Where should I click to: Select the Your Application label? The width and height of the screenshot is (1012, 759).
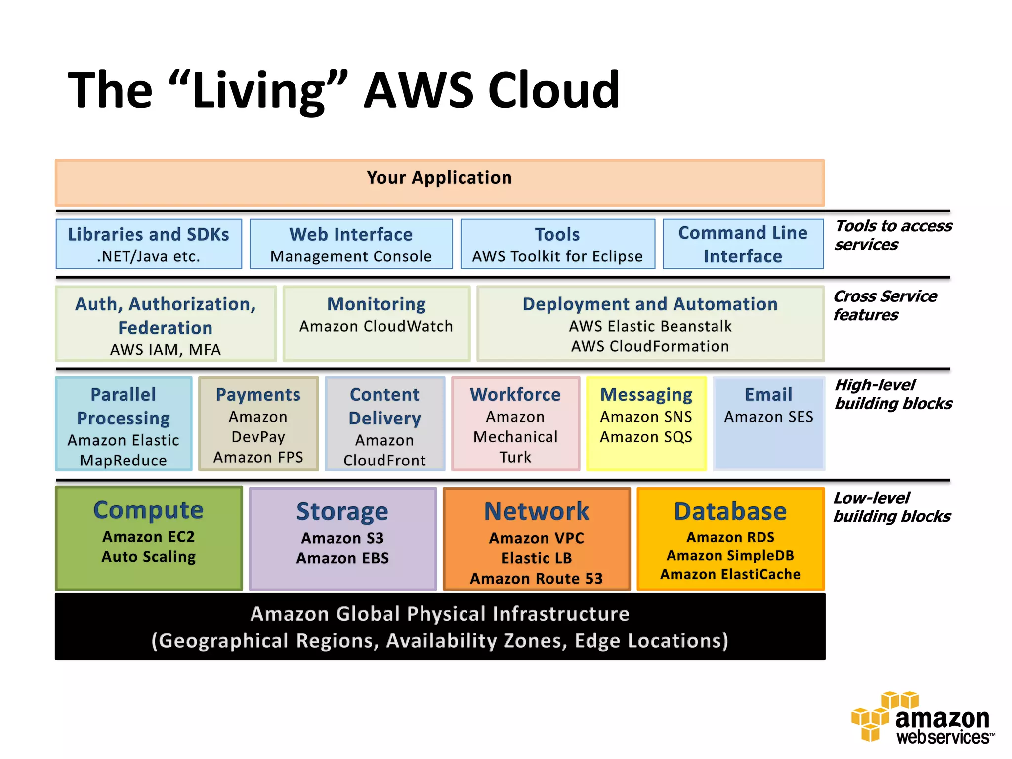(x=439, y=178)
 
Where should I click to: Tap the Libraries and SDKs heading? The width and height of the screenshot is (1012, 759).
(x=148, y=234)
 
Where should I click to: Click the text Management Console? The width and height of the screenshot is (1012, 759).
(x=351, y=256)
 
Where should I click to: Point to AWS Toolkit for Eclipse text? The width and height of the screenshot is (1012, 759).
(x=557, y=256)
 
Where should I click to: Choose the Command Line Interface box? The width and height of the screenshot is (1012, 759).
(x=743, y=244)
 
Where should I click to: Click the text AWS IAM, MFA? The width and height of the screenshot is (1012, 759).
(x=165, y=350)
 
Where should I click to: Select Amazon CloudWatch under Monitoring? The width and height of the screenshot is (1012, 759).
(x=376, y=326)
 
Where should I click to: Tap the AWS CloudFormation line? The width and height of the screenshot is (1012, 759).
(x=650, y=346)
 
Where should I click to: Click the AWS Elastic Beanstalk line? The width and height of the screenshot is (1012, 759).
(x=650, y=326)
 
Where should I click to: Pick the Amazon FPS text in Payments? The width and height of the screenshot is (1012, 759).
(x=258, y=457)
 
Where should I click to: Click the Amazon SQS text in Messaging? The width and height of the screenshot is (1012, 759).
(x=646, y=437)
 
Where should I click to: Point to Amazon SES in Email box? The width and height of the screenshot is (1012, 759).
(x=768, y=417)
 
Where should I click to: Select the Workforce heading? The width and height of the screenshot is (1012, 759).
(x=515, y=394)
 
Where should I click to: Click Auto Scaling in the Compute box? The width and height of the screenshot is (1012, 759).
(x=148, y=557)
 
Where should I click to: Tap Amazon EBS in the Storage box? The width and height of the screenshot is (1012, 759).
(x=342, y=558)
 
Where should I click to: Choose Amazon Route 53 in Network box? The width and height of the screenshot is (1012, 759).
(x=536, y=579)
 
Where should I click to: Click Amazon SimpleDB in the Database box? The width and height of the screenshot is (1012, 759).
(x=730, y=556)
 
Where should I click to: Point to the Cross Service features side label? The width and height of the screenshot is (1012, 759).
(x=885, y=305)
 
